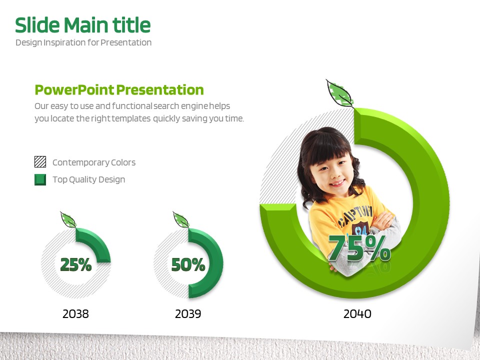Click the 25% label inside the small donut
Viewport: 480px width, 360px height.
76,264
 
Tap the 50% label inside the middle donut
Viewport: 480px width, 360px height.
188,264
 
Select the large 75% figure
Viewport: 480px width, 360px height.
359,248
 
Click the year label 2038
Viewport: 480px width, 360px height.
75,314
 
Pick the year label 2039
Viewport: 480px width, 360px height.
188,314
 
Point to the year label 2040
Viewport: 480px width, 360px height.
357,314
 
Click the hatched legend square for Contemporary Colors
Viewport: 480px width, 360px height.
40,161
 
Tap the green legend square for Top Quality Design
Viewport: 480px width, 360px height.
40,179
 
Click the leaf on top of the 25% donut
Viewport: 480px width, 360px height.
68,219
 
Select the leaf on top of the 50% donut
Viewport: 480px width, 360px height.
181,219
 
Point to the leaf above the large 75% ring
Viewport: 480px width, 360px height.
340,93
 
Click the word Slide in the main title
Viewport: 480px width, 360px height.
37,25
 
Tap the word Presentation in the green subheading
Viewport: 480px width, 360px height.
160,90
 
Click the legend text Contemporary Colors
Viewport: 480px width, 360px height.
94,162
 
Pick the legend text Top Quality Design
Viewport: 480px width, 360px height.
89,179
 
